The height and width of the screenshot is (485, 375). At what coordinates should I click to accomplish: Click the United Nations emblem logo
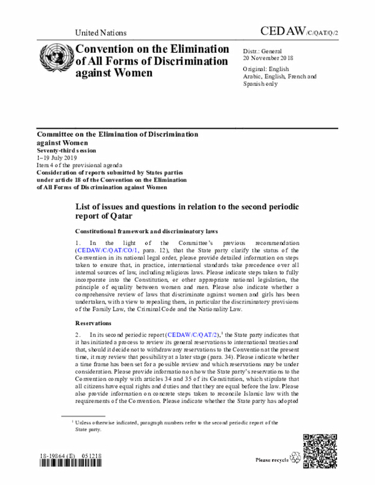tap(55, 59)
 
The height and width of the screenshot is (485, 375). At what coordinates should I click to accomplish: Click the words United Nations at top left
tap(101, 33)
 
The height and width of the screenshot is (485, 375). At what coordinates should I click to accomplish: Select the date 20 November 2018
tap(268, 58)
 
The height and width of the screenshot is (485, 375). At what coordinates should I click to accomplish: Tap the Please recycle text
tap(272, 460)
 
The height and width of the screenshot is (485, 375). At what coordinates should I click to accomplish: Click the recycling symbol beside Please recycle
tap(295, 459)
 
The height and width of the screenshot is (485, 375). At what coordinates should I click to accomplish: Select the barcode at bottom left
tap(65, 463)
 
